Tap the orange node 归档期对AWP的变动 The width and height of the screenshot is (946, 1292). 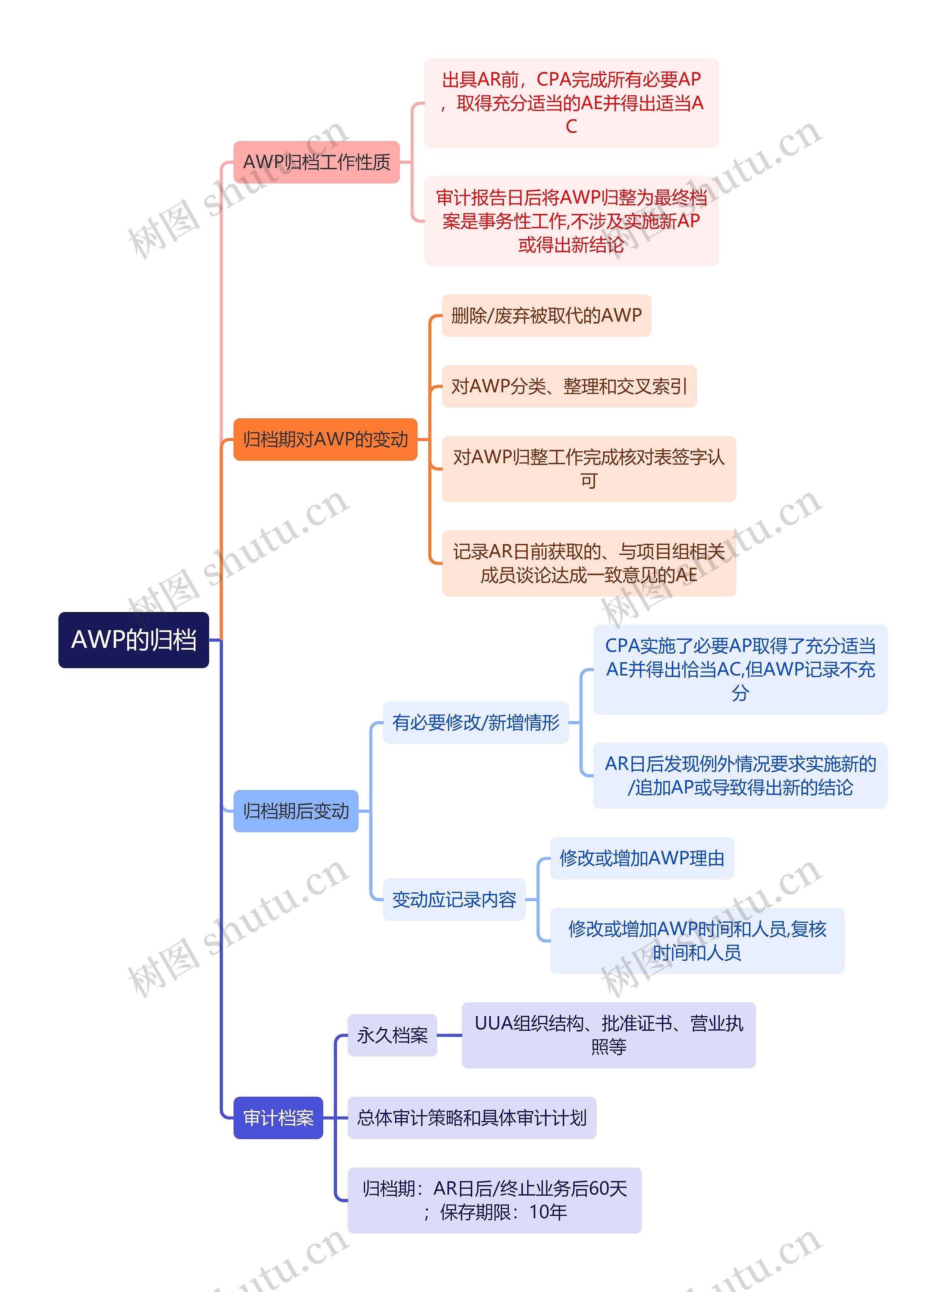click(325, 440)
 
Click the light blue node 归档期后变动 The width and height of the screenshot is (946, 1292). click(296, 811)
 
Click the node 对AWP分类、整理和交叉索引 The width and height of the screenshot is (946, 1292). click(569, 386)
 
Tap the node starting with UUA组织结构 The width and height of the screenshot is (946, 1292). click(608, 1035)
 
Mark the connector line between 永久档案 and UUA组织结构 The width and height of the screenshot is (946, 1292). click(449, 1035)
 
